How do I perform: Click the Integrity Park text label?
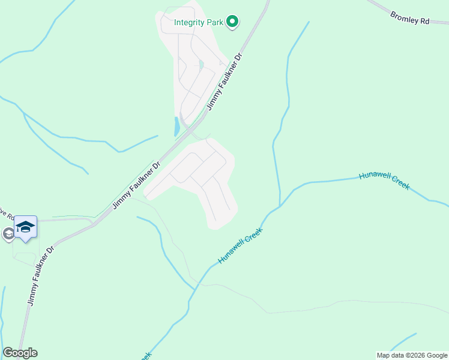(x=199, y=23)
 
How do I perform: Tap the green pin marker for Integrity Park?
(x=232, y=22)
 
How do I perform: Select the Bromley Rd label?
(x=410, y=17)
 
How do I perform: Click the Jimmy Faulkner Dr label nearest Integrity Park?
(x=224, y=82)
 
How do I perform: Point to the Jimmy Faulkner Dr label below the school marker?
(x=41, y=275)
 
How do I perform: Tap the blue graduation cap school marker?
(x=25, y=227)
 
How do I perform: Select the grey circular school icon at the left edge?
(x=8, y=233)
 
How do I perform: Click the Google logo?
(x=20, y=353)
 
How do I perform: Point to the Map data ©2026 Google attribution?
(x=412, y=355)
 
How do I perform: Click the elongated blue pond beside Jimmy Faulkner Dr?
(x=176, y=126)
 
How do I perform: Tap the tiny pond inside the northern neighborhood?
(x=201, y=64)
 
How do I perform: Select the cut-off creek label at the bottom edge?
(x=145, y=355)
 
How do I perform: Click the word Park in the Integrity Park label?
(x=214, y=23)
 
